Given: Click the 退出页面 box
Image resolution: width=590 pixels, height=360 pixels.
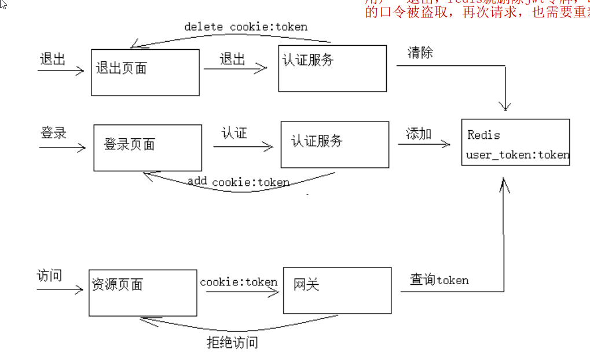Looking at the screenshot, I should click(145, 72).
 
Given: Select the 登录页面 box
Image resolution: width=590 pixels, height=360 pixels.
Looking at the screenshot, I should click(148, 148).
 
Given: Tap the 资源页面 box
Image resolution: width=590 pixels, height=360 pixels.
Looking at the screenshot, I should click(142, 293).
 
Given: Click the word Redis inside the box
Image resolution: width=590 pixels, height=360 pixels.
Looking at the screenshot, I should click(483, 135).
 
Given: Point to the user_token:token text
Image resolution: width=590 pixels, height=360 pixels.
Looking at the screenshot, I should click(518, 155).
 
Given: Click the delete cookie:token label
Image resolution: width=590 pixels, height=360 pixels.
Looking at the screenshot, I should click(245, 27).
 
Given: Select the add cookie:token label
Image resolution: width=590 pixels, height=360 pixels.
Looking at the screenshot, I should click(239, 182).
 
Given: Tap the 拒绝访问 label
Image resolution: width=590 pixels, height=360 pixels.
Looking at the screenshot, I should click(232, 343).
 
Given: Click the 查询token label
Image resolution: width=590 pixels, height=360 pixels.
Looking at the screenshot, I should click(439, 280).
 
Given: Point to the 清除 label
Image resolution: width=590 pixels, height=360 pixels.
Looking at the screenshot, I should click(420, 53).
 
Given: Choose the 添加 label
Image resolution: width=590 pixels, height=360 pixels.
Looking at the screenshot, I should click(419, 134).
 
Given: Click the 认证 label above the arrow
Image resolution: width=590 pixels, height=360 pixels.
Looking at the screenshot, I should click(234, 133).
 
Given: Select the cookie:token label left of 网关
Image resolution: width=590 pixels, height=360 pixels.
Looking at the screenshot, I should click(239, 282).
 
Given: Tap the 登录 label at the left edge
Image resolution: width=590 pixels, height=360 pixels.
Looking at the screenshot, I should click(54, 133).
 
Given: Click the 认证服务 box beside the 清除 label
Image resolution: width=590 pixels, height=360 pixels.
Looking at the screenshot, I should click(332, 68).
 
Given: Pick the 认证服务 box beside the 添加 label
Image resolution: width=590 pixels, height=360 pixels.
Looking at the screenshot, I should click(335, 144).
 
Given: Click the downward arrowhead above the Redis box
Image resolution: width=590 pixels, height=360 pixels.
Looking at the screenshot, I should click(506, 106).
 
